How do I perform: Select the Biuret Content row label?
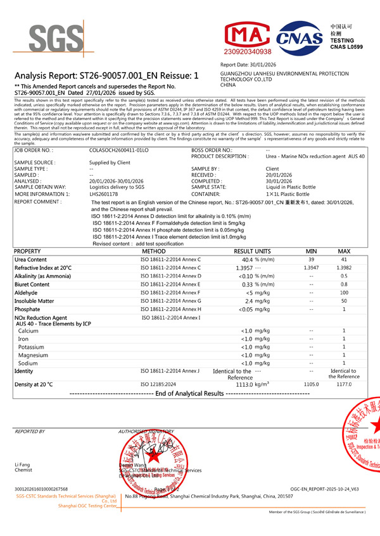pos(32,284)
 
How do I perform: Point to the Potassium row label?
pos(31,347)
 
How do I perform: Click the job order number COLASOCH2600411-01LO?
pos(119,150)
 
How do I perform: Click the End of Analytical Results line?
pos(191,393)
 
